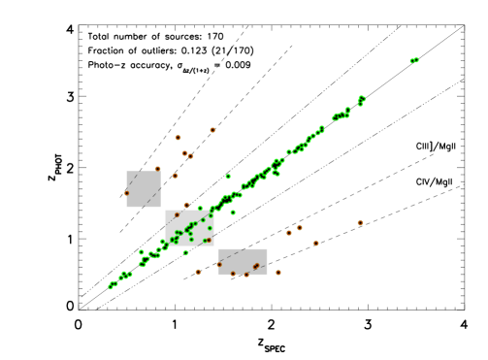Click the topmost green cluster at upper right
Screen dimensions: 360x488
point(414,60)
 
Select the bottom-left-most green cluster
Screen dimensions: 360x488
point(113,285)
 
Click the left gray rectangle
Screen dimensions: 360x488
point(144,189)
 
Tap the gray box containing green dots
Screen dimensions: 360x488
point(189,228)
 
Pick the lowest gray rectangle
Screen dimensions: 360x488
point(243,261)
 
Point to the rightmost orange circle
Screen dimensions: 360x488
point(360,223)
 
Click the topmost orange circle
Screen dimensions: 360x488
point(212,130)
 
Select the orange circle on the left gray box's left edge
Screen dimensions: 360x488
point(126,193)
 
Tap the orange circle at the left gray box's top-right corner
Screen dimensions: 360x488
point(158,169)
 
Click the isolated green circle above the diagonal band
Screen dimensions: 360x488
point(228,177)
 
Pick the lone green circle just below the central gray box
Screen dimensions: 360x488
point(185,252)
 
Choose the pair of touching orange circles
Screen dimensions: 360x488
point(187,154)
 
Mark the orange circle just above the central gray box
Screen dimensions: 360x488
point(186,205)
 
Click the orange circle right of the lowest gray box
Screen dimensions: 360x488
point(278,273)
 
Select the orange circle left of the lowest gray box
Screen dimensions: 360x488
point(198,272)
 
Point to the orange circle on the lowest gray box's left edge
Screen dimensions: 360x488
point(219,264)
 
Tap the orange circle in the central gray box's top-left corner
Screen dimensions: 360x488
point(177,215)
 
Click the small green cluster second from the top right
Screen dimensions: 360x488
point(361,99)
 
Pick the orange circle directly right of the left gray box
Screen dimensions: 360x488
point(176,176)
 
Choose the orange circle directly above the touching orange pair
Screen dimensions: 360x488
point(178,138)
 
